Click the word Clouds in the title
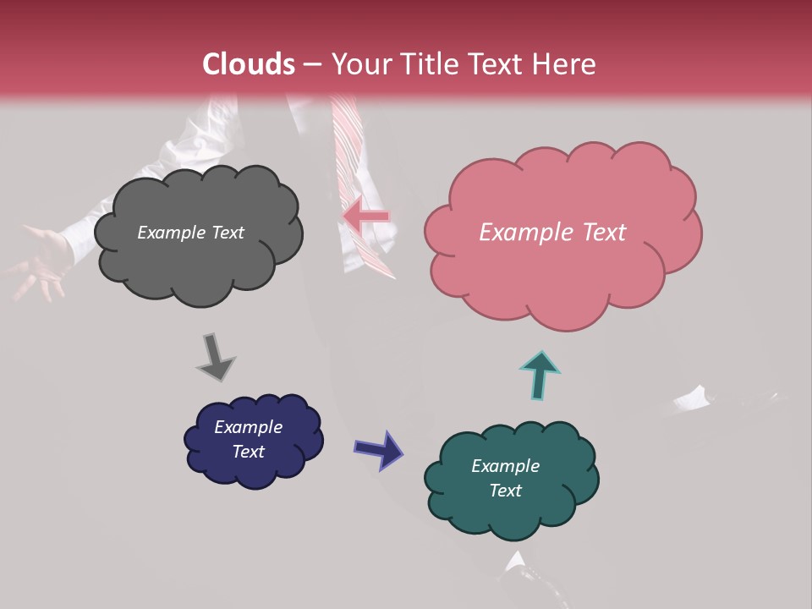249,64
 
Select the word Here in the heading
563,64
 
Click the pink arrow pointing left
367,217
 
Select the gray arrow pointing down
215,357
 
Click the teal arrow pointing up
540,375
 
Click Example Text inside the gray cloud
190,233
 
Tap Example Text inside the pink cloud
552,233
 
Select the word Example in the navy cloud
248,427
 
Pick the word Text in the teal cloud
505,491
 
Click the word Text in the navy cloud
248,452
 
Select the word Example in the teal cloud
505,466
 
